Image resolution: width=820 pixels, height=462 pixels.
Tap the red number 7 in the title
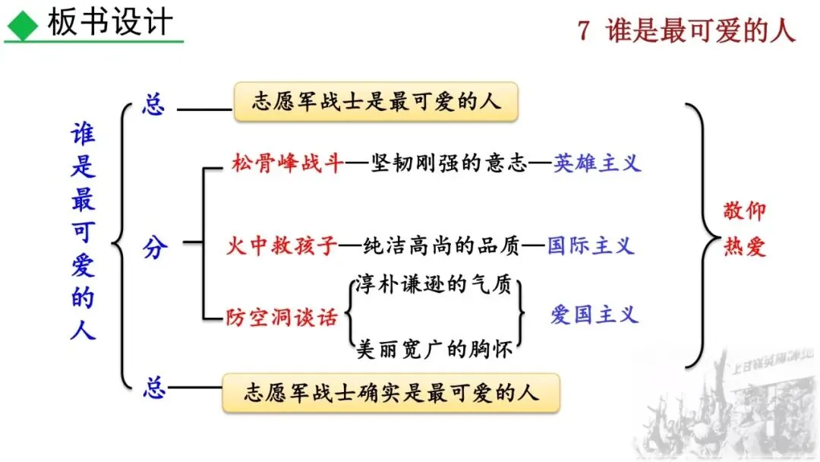pyautogui.click(x=583, y=30)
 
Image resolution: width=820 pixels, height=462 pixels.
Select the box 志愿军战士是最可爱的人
pyautogui.click(x=376, y=102)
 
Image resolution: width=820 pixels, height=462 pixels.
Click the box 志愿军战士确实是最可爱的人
pyautogui.click(x=391, y=393)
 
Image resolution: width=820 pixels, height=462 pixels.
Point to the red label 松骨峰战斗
pyautogui.click(x=288, y=163)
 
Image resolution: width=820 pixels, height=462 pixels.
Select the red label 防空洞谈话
pyautogui.click(x=282, y=317)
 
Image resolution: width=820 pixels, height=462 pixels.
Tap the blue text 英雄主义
pyautogui.click(x=597, y=163)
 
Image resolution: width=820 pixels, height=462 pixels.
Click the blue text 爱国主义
pyautogui.click(x=594, y=315)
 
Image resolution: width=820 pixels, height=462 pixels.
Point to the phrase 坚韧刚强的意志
pyautogui.click(x=449, y=163)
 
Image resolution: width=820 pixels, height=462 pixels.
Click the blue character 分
pyautogui.click(x=154, y=247)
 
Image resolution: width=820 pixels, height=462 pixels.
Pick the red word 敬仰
pyautogui.click(x=744, y=211)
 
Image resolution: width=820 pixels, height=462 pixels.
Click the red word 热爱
pyautogui.click(x=744, y=248)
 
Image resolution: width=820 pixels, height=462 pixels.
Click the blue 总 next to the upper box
pyautogui.click(x=153, y=104)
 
